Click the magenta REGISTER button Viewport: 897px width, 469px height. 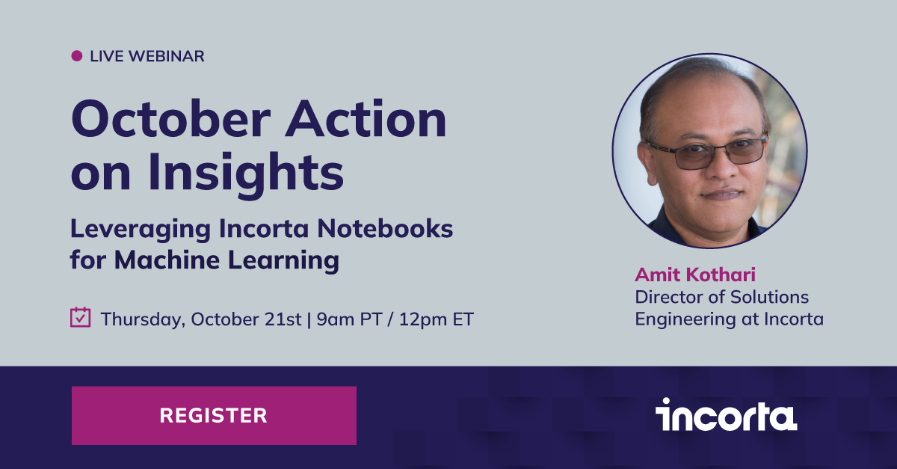[214, 415]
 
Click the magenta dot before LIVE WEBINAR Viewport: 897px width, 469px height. [76, 55]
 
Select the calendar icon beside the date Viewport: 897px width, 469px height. [80, 317]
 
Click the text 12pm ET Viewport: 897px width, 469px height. [437, 319]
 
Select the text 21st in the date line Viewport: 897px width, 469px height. [285, 319]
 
